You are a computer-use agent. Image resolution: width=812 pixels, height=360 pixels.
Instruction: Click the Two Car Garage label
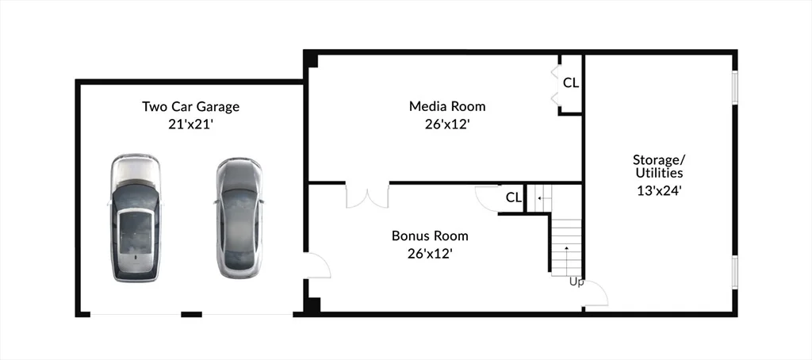click(190, 107)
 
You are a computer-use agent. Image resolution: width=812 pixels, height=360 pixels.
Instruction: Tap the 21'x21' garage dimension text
click(191, 124)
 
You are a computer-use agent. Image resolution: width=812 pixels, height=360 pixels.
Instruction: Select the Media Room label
click(447, 106)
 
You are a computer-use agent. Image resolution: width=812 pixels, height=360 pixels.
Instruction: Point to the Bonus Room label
click(430, 236)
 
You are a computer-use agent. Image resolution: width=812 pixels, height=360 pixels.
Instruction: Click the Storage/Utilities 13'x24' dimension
click(659, 190)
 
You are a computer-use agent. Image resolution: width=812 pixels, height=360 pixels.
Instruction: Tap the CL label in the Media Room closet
click(571, 83)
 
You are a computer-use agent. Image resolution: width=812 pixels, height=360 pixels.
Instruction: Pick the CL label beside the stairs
click(513, 197)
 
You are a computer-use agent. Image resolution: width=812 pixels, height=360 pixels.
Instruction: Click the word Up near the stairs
click(577, 282)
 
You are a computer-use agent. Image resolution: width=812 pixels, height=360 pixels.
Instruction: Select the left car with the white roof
click(135, 217)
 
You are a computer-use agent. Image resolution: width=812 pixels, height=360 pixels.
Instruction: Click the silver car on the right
click(239, 217)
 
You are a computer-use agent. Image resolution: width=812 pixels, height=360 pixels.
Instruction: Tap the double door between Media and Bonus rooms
click(367, 195)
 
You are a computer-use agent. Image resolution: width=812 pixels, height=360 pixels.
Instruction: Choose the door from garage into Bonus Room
click(317, 265)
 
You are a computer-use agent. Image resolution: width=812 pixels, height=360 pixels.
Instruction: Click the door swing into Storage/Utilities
click(596, 293)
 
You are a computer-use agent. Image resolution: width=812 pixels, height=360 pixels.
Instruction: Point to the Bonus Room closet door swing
click(487, 198)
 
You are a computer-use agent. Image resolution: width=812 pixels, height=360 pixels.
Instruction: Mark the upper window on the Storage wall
click(734, 87)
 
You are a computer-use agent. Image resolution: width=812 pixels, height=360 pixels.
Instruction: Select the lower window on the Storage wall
click(734, 272)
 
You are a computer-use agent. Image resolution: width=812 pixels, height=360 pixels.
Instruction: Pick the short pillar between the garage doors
click(191, 315)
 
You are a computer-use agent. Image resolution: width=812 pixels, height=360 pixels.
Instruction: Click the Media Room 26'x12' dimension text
click(447, 124)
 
